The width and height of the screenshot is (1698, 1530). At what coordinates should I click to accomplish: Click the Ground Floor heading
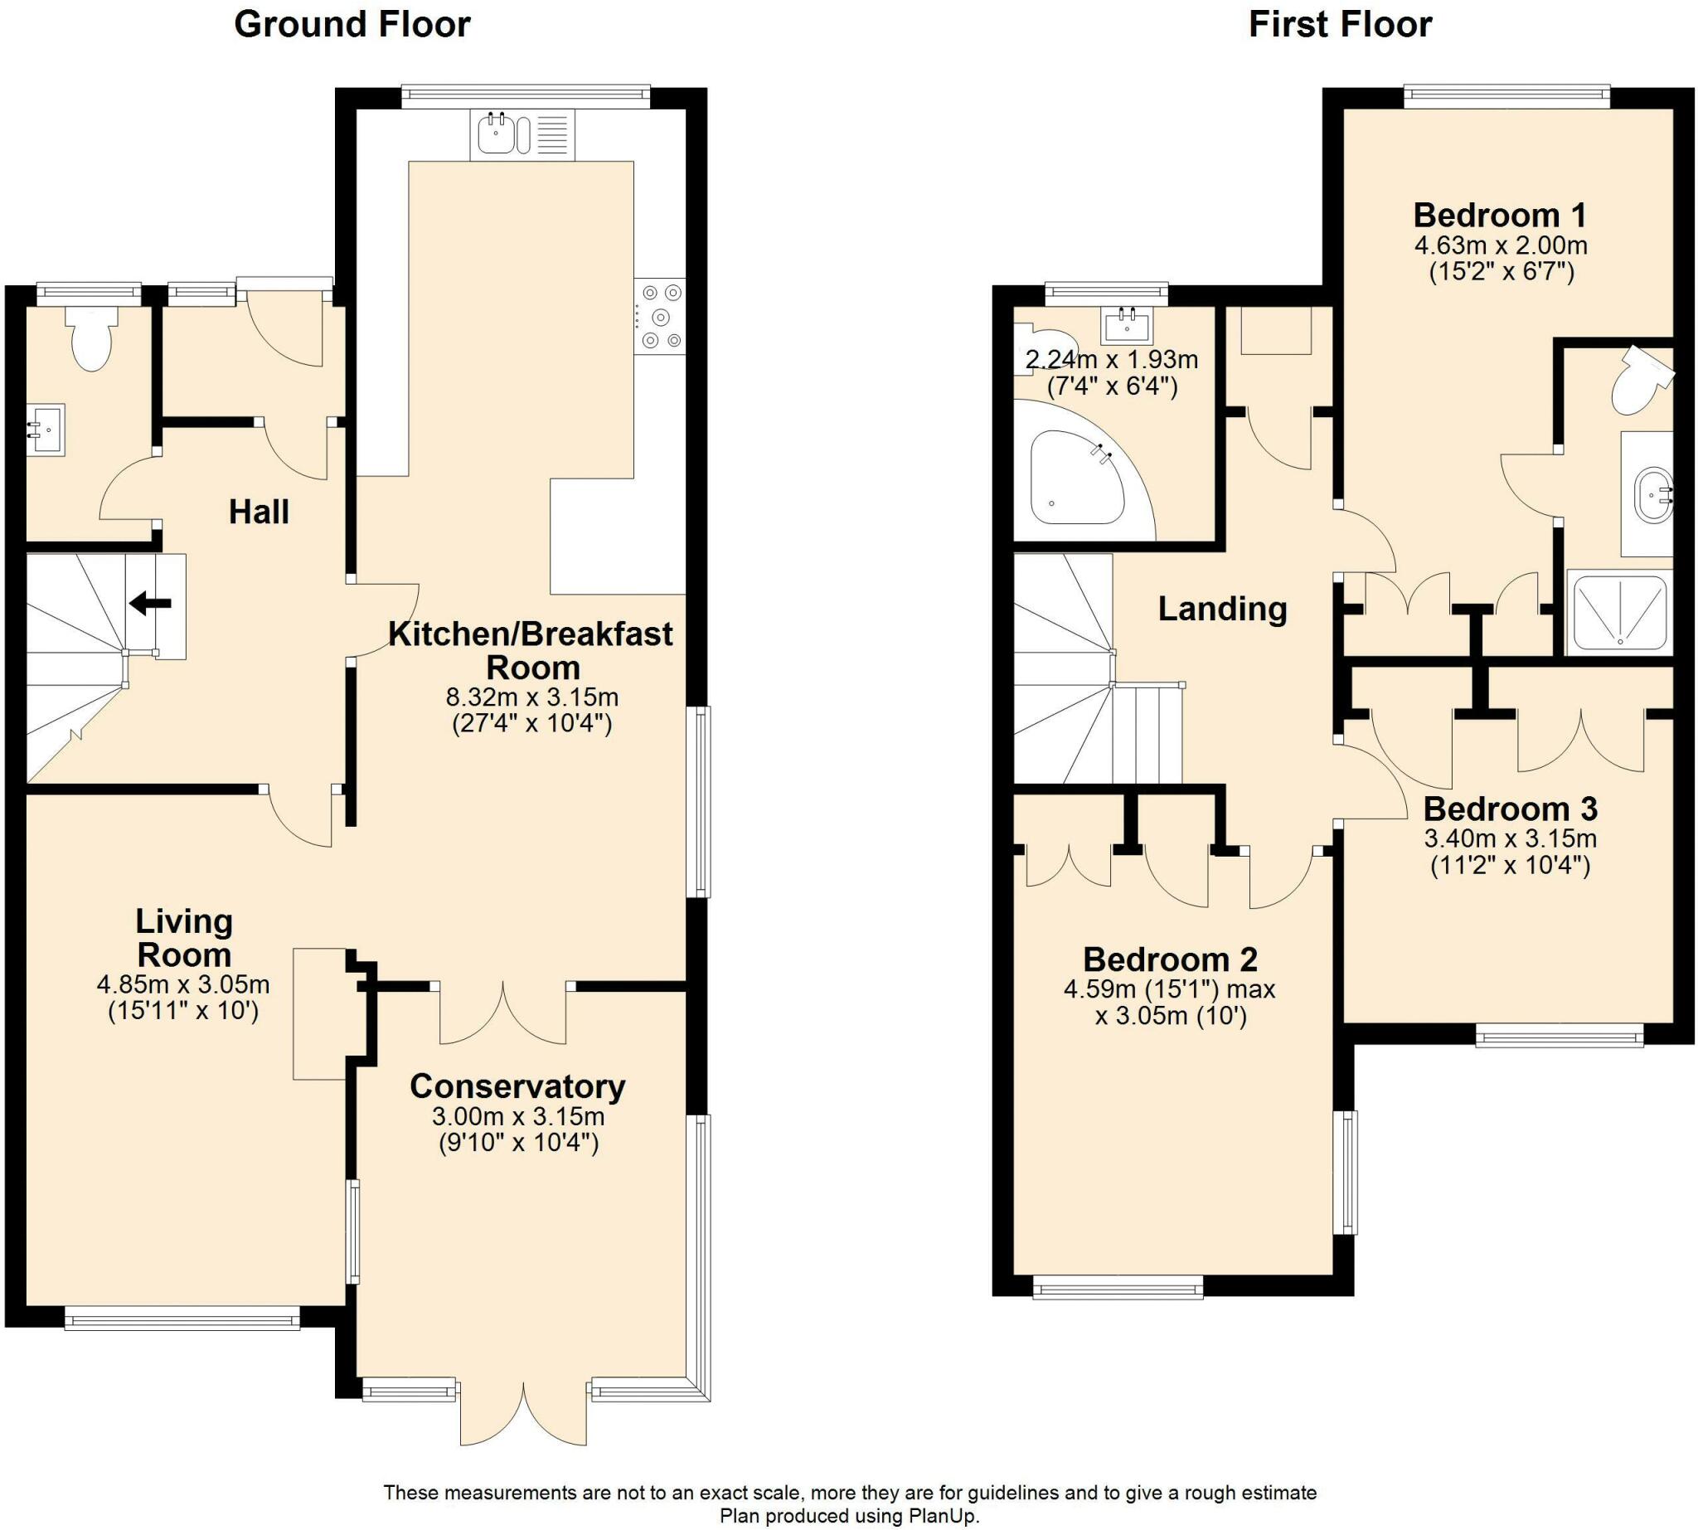tap(352, 24)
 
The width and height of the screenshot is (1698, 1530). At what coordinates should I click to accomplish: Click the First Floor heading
tap(1340, 24)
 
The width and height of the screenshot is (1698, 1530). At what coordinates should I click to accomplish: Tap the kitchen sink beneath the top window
tap(497, 134)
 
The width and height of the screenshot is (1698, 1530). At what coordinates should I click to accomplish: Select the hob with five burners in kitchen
tap(660, 317)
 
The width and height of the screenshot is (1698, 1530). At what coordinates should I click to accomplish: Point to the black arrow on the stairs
tap(150, 603)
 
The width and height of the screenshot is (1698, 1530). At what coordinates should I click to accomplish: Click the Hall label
tap(259, 512)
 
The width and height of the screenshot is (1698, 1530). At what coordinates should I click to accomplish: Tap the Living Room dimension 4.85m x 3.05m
tap(183, 984)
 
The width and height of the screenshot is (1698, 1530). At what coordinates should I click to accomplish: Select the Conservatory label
tap(517, 1086)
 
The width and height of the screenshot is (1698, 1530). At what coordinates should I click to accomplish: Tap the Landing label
tap(1222, 609)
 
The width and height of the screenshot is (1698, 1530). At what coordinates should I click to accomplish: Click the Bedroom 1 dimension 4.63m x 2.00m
tap(1501, 246)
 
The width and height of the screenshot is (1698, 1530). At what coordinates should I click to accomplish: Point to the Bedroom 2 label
tap(1169, 959)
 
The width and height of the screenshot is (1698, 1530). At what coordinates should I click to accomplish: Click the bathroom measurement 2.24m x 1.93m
tap(1111, 361)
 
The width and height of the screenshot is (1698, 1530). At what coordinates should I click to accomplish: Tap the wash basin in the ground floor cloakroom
tap(46, 430)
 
